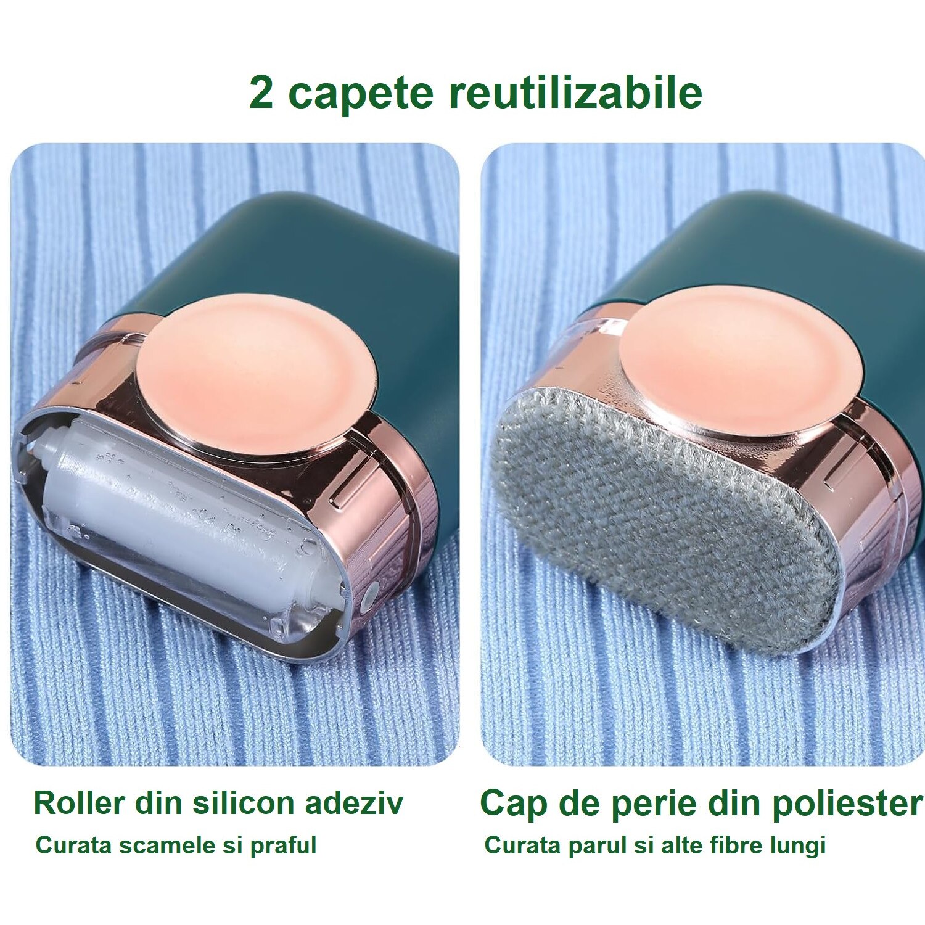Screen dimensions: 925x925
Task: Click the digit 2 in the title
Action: point(261,92)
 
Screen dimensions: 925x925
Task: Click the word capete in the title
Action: point(361,94)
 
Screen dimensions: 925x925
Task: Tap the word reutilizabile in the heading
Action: point(575,92)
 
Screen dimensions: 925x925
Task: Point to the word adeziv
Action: point(354,803)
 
